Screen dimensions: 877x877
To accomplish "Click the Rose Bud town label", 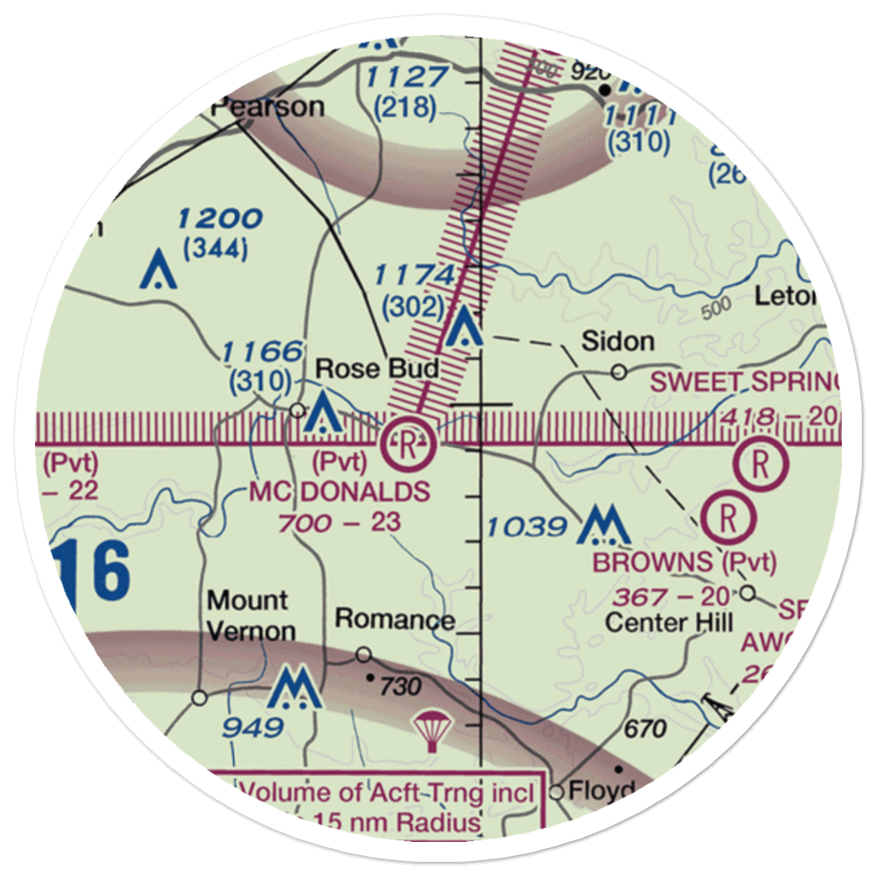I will pyautogui.click(x=377, y=369).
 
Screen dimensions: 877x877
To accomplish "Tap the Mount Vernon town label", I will pyautogui.click(x=248, y=616).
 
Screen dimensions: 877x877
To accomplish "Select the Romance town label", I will pyautogui.click(x=395, y=620).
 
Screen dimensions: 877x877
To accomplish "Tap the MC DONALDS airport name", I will pyautogui.click(x=339, y=492).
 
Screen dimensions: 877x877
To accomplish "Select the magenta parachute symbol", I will pyautogui.click(x=431, y=731).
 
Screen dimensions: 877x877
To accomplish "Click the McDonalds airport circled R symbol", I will pyautogui.click(x=410, y=443).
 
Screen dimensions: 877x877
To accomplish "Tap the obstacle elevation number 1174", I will pyautogui.click(x=414, y=275).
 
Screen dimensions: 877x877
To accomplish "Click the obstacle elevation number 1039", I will pyautogui.click(x=526, y=527).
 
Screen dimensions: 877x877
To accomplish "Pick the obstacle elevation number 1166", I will pyautogui.click(x=262, y=353).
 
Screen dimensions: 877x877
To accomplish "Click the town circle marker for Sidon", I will pyautogui.click(x=619, y=372).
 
